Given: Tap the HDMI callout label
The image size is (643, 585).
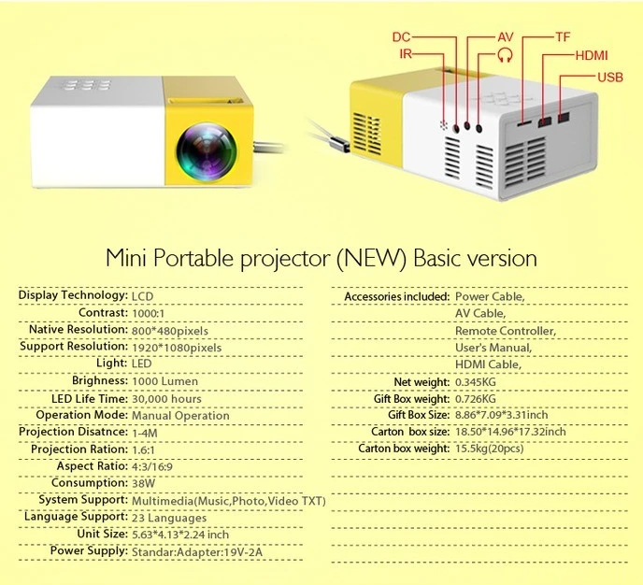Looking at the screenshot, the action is [x=591, y=56].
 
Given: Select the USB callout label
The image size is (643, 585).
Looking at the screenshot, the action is [x=608, y=77].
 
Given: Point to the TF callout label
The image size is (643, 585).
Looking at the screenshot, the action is [x=563, y=36].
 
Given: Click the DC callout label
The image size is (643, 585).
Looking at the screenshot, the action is [x=401, y=36].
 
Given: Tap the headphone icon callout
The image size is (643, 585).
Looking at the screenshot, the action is [x=506, y=54].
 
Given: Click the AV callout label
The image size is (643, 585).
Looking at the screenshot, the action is [x=505, y=36].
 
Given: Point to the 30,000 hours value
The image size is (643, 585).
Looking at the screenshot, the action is [x=166, y=398].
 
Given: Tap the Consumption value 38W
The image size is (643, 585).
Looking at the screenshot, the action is [x=144, y=484].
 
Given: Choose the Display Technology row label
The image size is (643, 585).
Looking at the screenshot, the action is [x=73, y=295].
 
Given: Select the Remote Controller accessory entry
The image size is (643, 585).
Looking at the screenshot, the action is [x=505, y=331].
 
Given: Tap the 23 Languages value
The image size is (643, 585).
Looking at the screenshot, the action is [x=169, y=518].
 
